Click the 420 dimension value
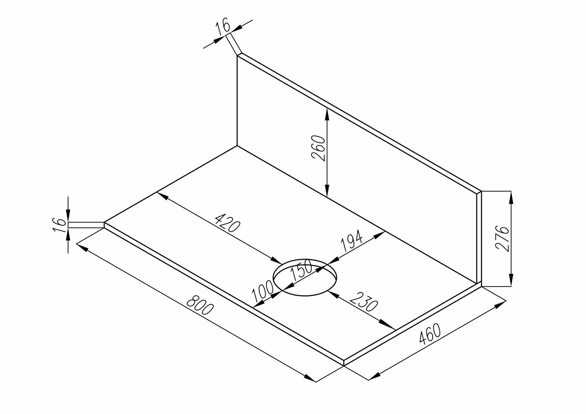coord(227,222)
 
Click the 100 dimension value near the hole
coord(263,291)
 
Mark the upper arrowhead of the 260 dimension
coord(327,113)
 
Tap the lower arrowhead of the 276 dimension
coord(511,281)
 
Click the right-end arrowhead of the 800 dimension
coord(309,378)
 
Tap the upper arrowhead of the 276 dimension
coord(511,196)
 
